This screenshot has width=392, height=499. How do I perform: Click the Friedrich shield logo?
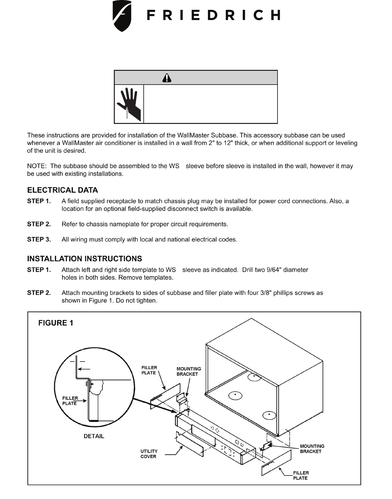click(122, 16)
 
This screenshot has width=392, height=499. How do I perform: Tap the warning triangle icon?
click(167, 78)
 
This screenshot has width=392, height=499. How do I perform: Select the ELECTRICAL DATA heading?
click(62, 190)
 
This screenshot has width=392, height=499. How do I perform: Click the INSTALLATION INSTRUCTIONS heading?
click(84, 259)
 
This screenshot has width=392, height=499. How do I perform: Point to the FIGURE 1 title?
click(56, 323)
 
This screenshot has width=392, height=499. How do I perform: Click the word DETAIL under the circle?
click(94, 436)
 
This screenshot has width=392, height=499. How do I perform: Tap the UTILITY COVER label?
click(149, 454)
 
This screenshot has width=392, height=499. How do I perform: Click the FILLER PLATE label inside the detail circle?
click(70, 401)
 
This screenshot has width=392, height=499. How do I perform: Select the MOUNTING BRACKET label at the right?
click(312, 449)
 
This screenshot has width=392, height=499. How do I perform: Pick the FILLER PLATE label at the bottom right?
click(301, 475)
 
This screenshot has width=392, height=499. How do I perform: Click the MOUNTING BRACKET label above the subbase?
click(189, 371)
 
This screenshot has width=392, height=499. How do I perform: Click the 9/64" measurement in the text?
click(273, 270)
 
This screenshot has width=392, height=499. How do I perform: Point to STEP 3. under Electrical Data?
click(39, 240)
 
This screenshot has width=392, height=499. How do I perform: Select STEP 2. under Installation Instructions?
click(39, 293)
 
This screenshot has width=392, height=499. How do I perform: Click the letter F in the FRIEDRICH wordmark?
click(151, 15)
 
